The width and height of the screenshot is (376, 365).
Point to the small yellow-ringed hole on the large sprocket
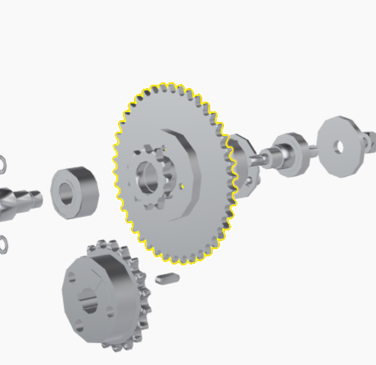(x=183, y=187)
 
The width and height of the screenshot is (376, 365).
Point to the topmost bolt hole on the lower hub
(x=72, y=277)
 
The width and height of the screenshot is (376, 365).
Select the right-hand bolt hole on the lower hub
(x=110, y=312)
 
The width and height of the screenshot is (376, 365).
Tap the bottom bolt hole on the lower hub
(x=79, y=326)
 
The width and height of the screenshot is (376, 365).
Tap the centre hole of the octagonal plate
(x=338, y=147)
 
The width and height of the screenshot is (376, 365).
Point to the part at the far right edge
(x=370, y=142)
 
